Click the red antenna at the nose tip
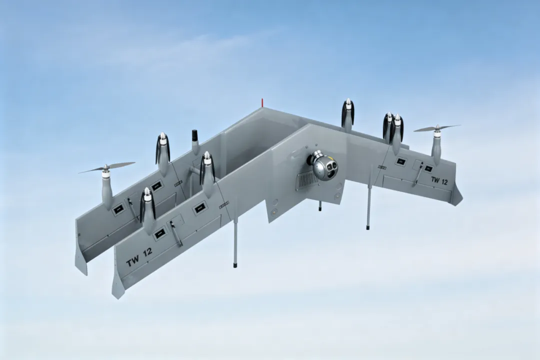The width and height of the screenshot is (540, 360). pos(262,102)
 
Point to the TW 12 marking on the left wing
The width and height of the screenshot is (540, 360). pos(139,257)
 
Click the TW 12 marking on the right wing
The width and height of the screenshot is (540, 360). pos(439,180)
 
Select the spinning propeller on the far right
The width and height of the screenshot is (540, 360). pos(437,128)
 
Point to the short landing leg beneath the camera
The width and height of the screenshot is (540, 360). pos(320,205)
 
